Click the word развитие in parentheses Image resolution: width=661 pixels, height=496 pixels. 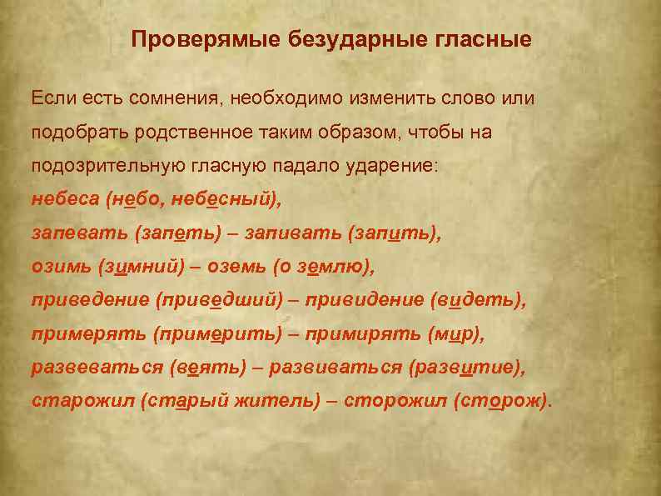[x=474, y=367]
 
